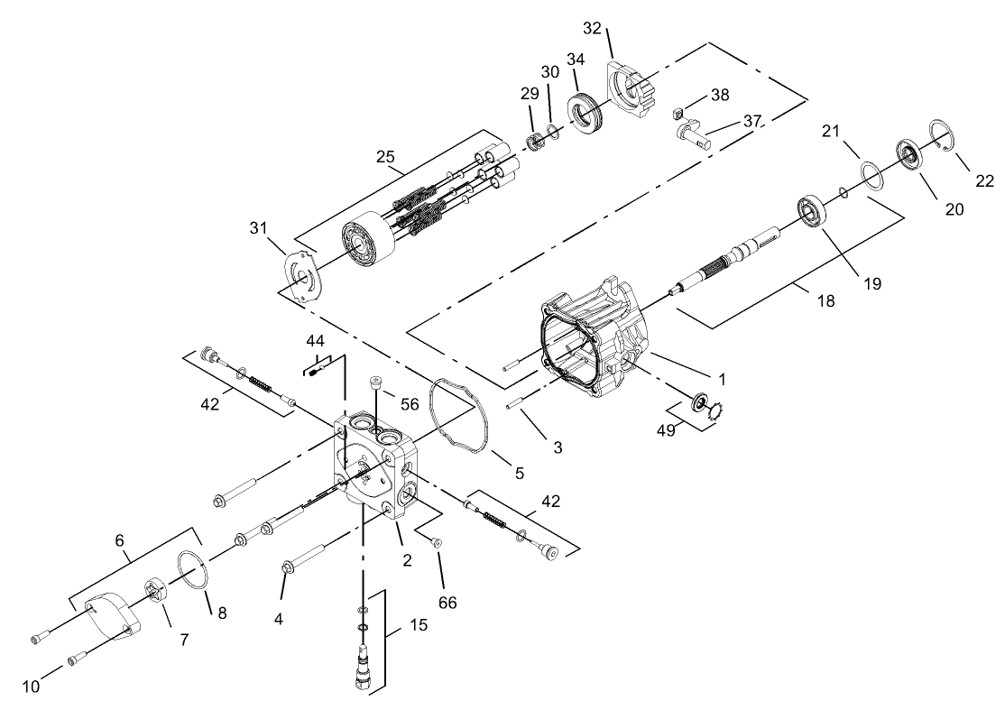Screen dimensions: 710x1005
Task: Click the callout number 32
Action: click(591, 28)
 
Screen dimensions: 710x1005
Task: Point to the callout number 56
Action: click(410, 405)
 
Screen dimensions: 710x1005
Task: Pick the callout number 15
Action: click(418, 624)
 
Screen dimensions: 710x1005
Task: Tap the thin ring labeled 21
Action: click(871, 173)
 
